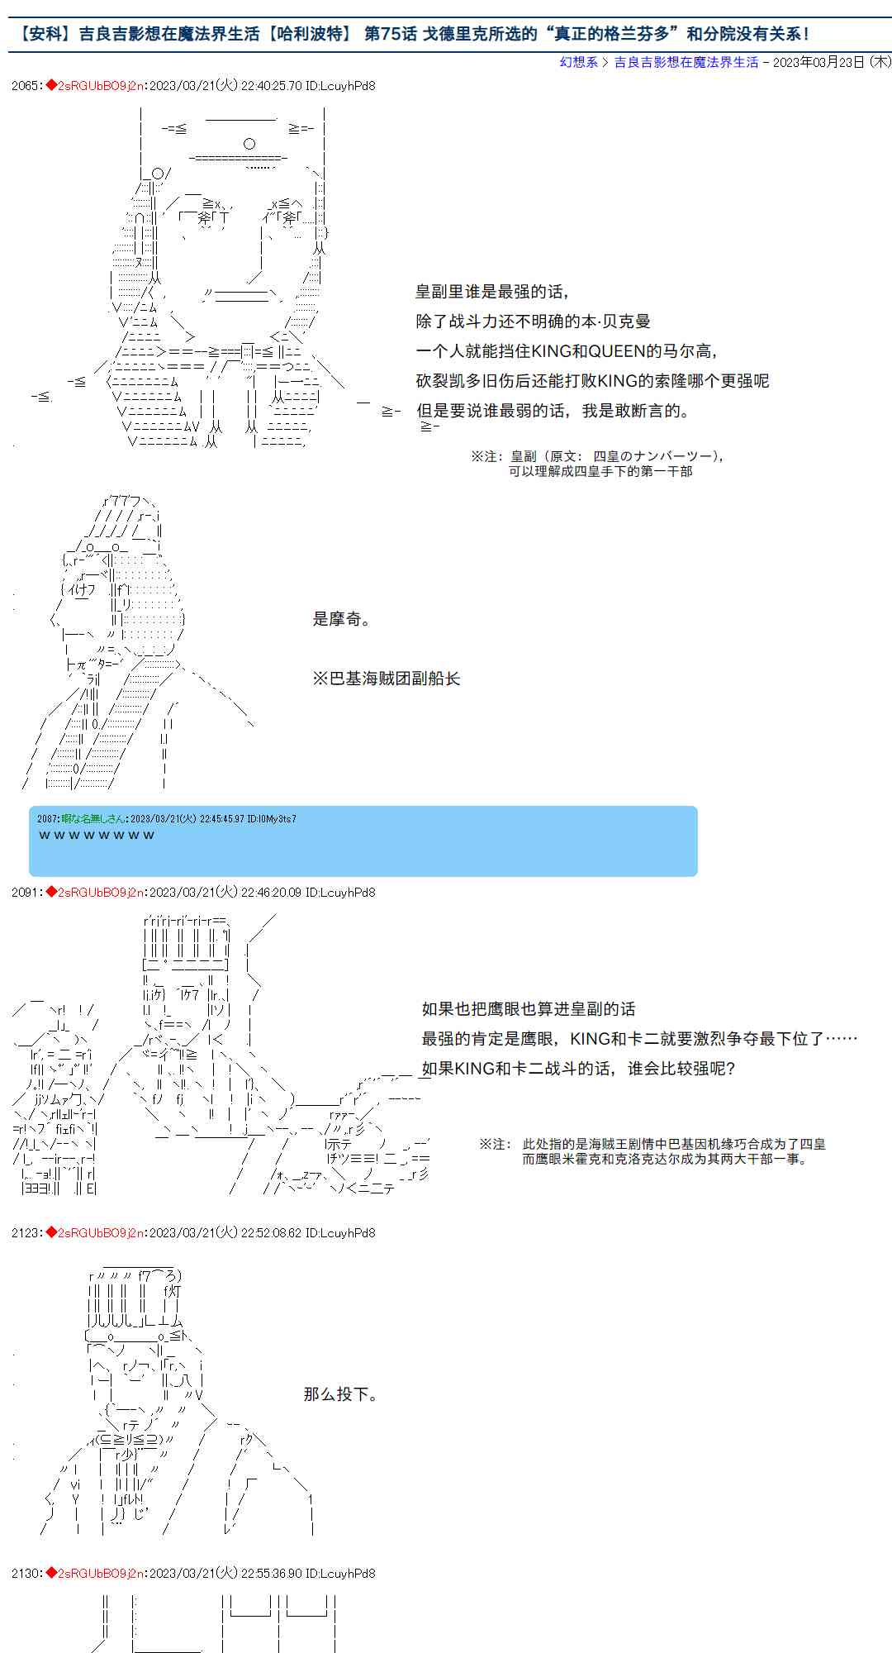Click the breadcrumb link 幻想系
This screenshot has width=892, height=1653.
click(x=578, y=62)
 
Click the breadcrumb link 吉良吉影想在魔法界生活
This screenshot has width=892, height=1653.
click(x=686, y=62)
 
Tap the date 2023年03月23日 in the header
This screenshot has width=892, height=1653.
click(x=818, y=62)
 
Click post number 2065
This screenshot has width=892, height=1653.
click(x=25, y=85)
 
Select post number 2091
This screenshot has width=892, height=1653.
click(x=25, y=892)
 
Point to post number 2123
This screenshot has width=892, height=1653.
click(x=25, y=1232)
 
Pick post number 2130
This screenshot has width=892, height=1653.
click(x=25, y=1573)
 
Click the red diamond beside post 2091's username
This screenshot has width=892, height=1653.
click(x=51, y=892)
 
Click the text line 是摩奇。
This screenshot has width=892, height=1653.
click(x=342, y=619)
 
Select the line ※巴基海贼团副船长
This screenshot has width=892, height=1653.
click(x=386, y=679)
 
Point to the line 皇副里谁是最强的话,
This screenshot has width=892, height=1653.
click(x=491, y=292)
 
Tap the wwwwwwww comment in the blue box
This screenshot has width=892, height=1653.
click(x=97, y=835)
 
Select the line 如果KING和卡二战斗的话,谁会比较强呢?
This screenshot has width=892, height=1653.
click(x=578, y=1069)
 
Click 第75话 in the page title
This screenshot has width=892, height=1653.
click(x=390, y=34)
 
